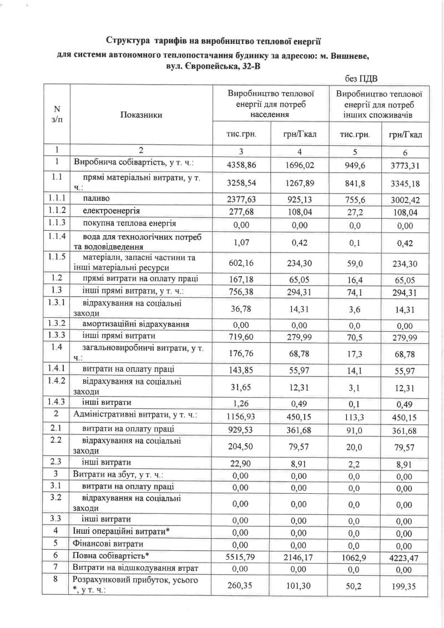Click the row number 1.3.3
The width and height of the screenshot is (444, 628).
(x=56, y=336)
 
